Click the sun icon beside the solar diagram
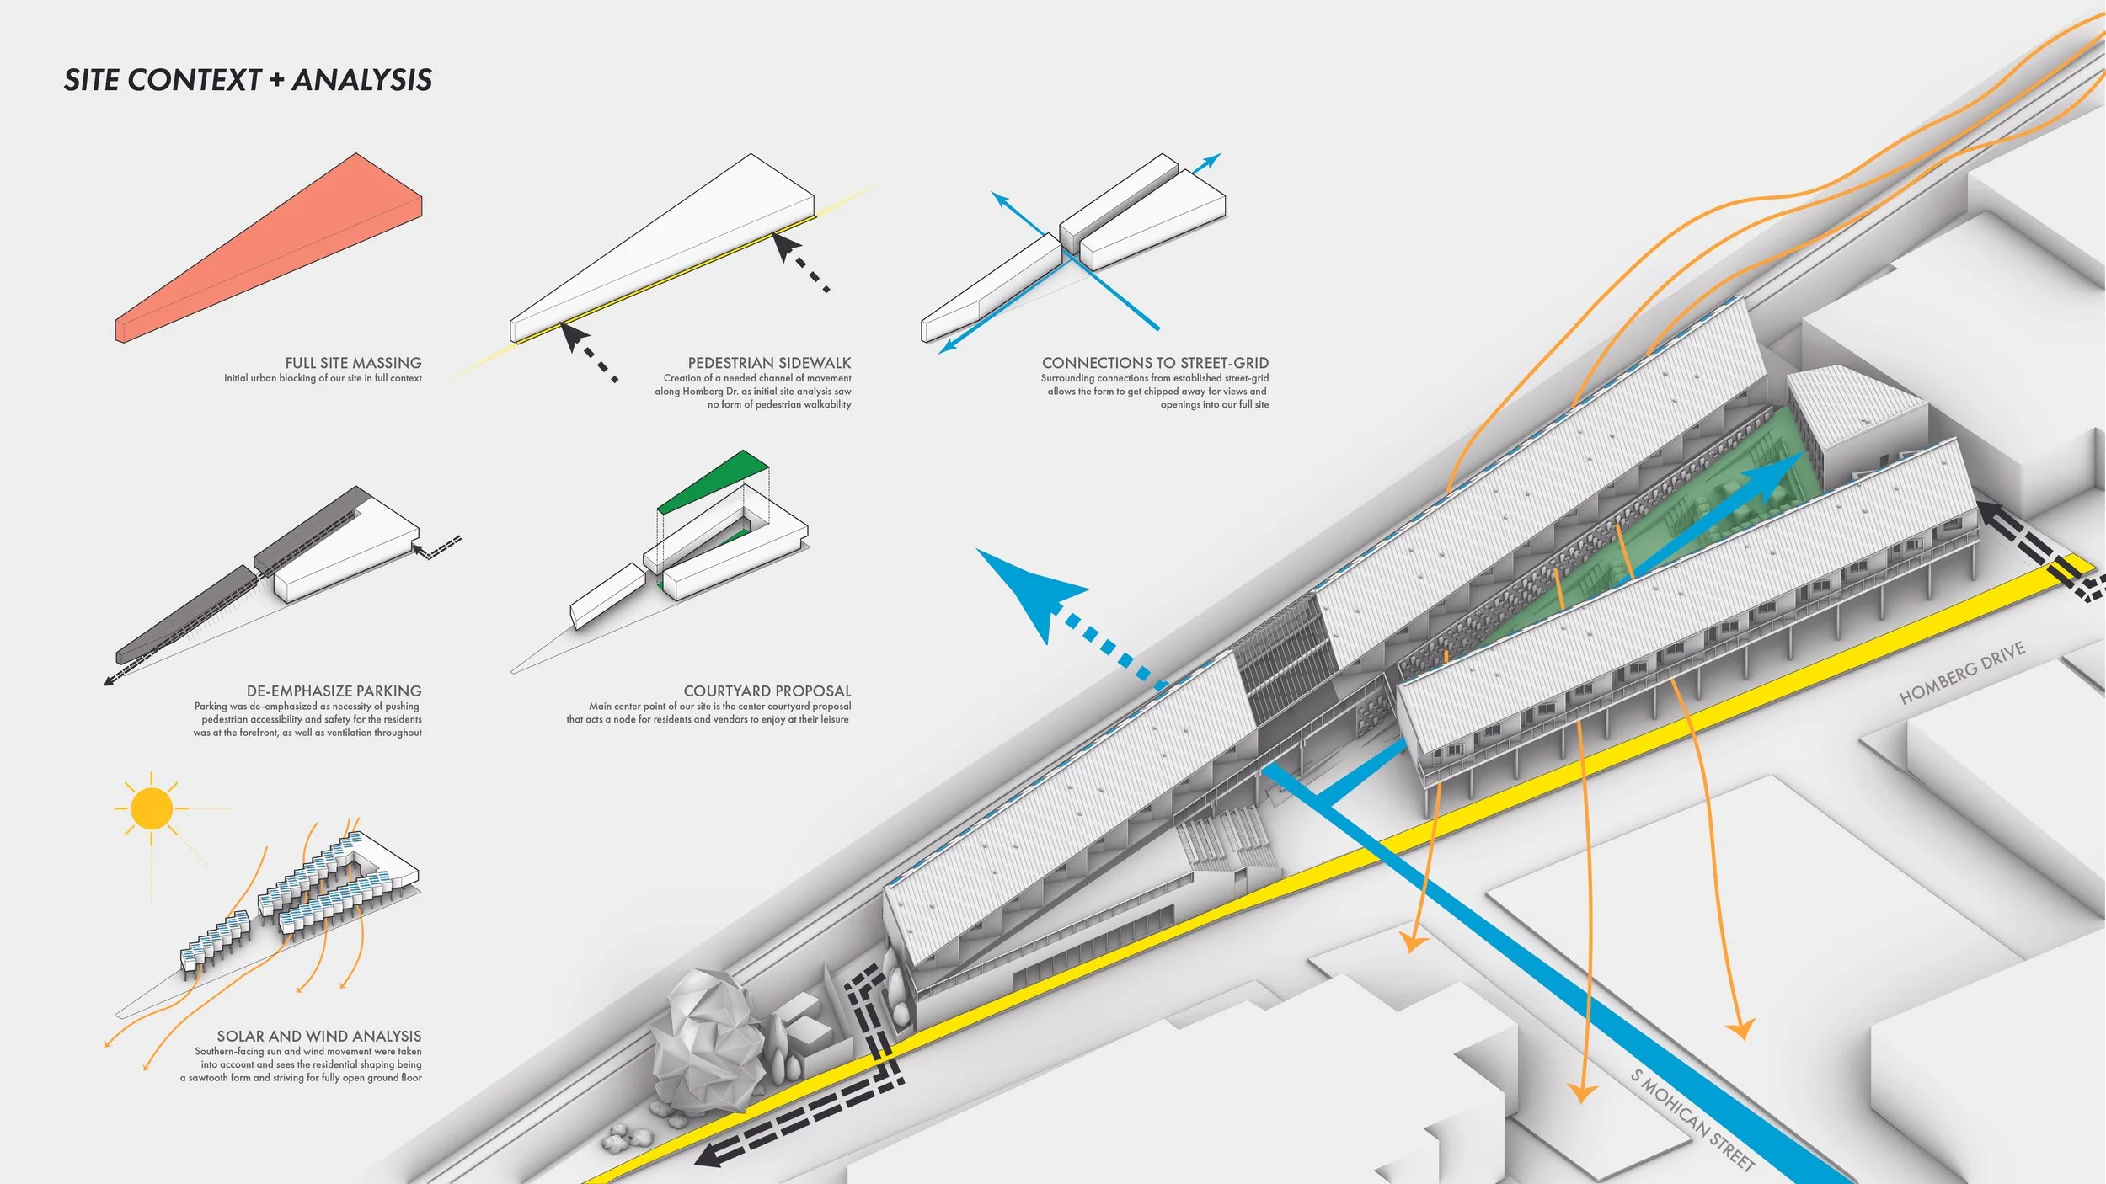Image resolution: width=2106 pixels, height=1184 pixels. (152, 808)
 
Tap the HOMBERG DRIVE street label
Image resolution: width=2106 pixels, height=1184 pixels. (1962, 673)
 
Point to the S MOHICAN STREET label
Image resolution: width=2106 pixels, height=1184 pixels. (1692, 1120)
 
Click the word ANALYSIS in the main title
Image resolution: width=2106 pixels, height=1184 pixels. (362, 80)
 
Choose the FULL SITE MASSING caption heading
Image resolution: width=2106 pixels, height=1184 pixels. (353, 363)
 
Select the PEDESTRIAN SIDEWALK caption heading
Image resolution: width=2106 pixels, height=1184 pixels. (769, 363)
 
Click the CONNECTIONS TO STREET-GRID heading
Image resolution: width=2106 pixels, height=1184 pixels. (1155, 363)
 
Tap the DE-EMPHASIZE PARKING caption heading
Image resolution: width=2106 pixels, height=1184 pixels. (334, 691)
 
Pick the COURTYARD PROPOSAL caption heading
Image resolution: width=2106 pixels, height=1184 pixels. (767, 691)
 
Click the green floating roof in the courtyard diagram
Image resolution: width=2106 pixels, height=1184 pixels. (716, 480)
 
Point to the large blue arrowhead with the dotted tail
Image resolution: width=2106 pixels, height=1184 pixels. (1028, 589)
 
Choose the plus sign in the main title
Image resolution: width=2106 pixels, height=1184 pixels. (276, 80)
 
